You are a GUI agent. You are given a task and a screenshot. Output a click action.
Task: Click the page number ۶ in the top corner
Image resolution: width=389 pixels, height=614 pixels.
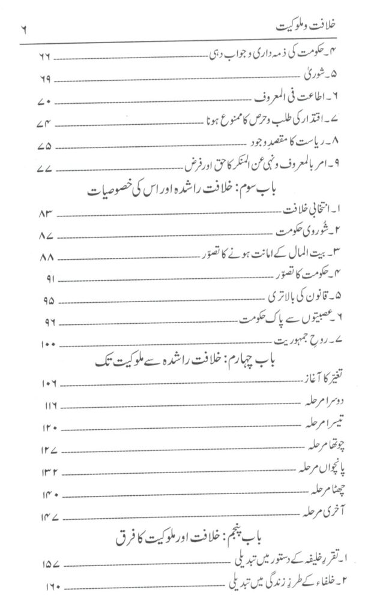25,27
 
